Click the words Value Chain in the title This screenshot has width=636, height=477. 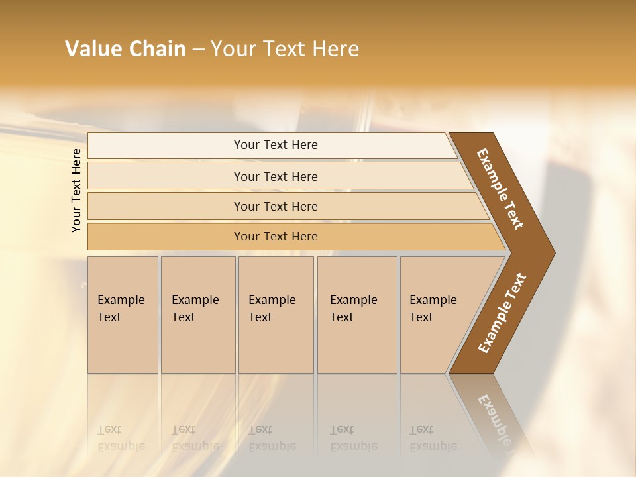point(125,49)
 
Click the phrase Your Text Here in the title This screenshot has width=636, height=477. point(285,49)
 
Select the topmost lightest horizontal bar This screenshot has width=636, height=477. point(275,145)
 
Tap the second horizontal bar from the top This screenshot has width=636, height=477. point(275,176)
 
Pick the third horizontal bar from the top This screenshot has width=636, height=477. point(275,206)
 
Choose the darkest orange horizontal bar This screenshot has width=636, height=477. point(275,237)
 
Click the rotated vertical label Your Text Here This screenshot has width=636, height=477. point(76,190)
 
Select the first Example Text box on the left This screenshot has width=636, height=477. point(123,315)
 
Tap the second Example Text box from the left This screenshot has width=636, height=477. point(198,315)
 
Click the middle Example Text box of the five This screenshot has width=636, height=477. point(276,315)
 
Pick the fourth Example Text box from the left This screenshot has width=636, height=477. point(357,315)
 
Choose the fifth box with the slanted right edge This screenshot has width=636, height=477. point(437,315)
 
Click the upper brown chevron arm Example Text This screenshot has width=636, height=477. point(501,189)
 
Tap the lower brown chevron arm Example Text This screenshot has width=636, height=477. point(502,313)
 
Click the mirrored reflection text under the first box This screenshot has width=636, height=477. point(121,438)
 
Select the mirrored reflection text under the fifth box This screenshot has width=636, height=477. point(433,438)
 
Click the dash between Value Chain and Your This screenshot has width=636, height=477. point(198,50)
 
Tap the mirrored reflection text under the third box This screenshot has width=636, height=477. point(272,438)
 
